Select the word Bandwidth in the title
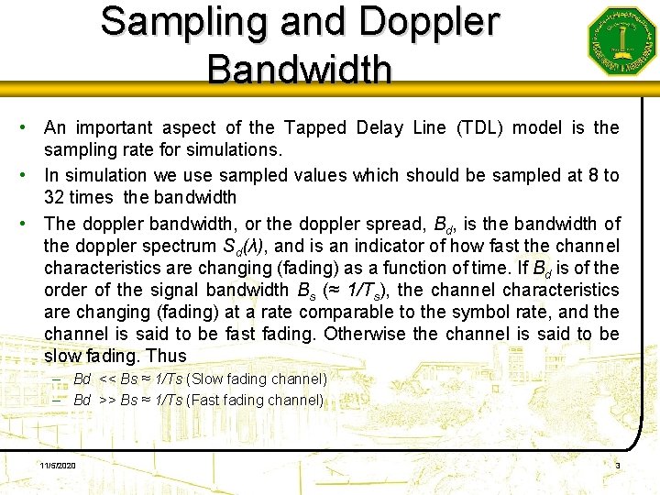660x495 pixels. [300, 68]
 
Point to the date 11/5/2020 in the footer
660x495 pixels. [58, 467]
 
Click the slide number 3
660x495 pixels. [618, 467]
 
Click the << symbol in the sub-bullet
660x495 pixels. [106, 379]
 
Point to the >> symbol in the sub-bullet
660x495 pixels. [106, 401]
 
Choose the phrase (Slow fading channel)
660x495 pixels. [256, 379]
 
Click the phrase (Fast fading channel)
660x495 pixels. [255, 401]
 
